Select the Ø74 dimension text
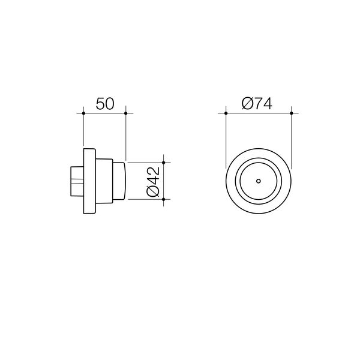257,103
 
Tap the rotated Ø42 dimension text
153,181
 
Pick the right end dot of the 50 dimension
125,112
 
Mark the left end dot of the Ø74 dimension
225,112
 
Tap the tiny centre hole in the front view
258,181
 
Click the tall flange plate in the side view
89,181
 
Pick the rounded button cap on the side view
118,181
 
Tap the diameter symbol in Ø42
153,193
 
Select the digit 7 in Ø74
259,103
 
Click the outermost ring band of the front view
229,181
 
